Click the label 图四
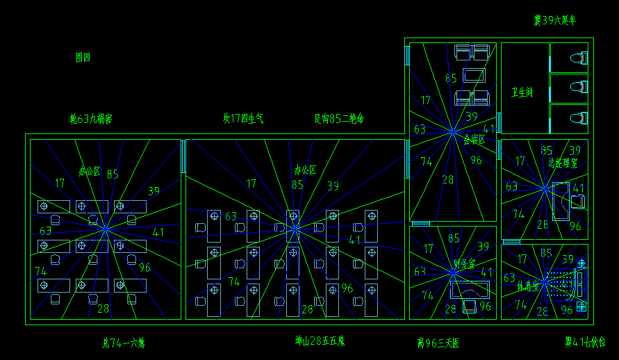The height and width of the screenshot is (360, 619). [83, 58]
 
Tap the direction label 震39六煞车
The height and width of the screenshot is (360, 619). [554, 21]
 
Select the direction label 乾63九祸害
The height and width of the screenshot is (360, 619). [90, 119]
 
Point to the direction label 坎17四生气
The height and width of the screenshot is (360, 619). [242, 118]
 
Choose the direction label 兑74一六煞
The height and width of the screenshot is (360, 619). [124, 343]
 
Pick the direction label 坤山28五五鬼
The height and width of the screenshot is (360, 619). [320, 341]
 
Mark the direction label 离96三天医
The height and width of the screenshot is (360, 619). [438, 343]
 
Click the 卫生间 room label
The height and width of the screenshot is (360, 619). [522, 92]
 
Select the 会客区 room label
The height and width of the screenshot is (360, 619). [474, 140]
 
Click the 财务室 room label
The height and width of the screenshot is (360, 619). [463, 264]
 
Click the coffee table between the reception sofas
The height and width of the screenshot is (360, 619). [474, 76]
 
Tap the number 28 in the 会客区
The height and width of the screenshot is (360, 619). [447, 179]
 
